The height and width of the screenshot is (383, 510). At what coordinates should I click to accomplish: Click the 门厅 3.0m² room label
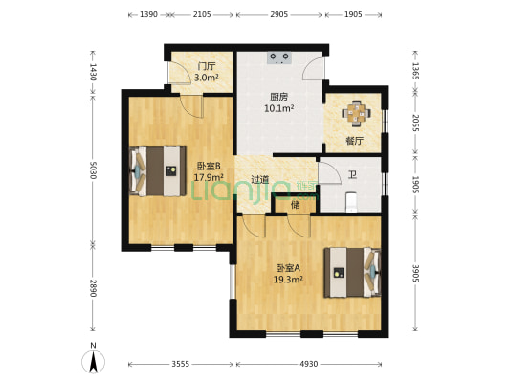(207, 72)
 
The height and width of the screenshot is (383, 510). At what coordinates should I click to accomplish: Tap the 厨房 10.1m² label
(279, 102)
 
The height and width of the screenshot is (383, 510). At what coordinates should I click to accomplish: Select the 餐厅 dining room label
(354, 141)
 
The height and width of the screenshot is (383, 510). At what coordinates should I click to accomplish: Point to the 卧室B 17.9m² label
(209, 171)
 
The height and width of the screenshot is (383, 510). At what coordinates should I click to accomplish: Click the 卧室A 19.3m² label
(288, 274)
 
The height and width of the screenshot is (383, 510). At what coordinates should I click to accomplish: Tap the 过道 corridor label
(260, 179)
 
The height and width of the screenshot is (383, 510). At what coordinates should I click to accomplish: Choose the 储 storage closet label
(296, 205)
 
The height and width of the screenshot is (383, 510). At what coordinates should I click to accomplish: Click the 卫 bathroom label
(352, 175)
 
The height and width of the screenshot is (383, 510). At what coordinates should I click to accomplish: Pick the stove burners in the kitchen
(279, 57)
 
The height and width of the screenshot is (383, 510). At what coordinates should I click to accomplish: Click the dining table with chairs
(356, 113)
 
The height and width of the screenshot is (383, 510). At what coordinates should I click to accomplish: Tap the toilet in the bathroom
(351, 202)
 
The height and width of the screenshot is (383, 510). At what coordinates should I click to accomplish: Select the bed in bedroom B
(158, 171)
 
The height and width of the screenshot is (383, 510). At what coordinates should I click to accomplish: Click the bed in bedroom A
(352, 273)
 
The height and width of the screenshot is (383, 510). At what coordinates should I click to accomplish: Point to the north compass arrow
(94, 362)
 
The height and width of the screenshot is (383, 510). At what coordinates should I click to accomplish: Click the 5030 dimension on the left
(93, 170)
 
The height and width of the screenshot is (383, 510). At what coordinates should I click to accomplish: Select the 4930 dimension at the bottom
(309, 364)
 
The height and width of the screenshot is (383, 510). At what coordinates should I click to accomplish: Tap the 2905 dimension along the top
(279, 14)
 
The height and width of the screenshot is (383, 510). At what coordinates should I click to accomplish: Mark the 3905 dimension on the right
(415, 273)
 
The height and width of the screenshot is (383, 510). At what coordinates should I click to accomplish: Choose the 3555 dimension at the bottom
(181, 364)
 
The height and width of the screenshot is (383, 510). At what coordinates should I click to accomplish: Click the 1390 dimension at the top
(148, 14)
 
